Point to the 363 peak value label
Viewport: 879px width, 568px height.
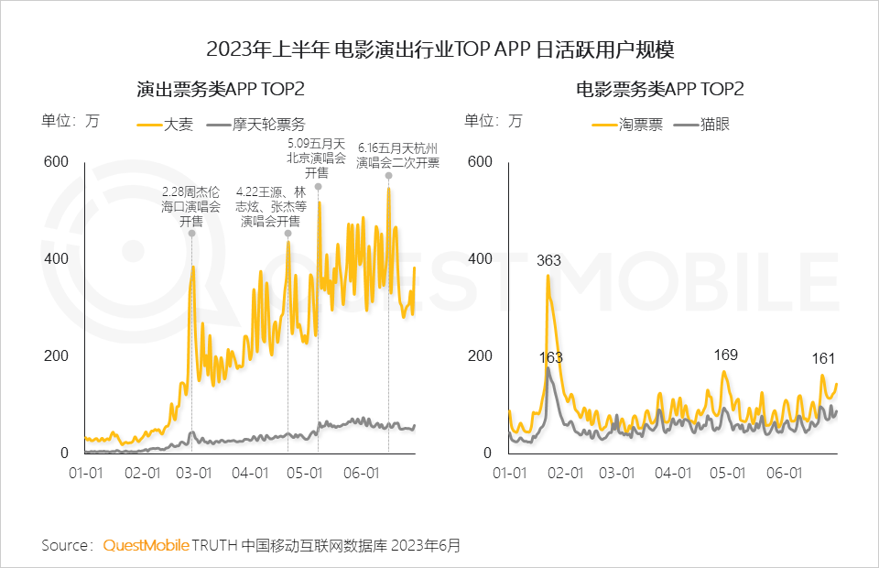548,261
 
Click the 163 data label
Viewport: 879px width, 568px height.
551,357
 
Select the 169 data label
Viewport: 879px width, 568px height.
725,354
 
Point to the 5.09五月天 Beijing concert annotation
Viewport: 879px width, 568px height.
316,158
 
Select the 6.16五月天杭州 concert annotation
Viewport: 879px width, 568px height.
398,155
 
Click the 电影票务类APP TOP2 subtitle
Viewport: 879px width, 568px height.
659,90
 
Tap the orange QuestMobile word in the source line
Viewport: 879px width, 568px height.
146,545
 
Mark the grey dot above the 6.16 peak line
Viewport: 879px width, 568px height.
388,175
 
